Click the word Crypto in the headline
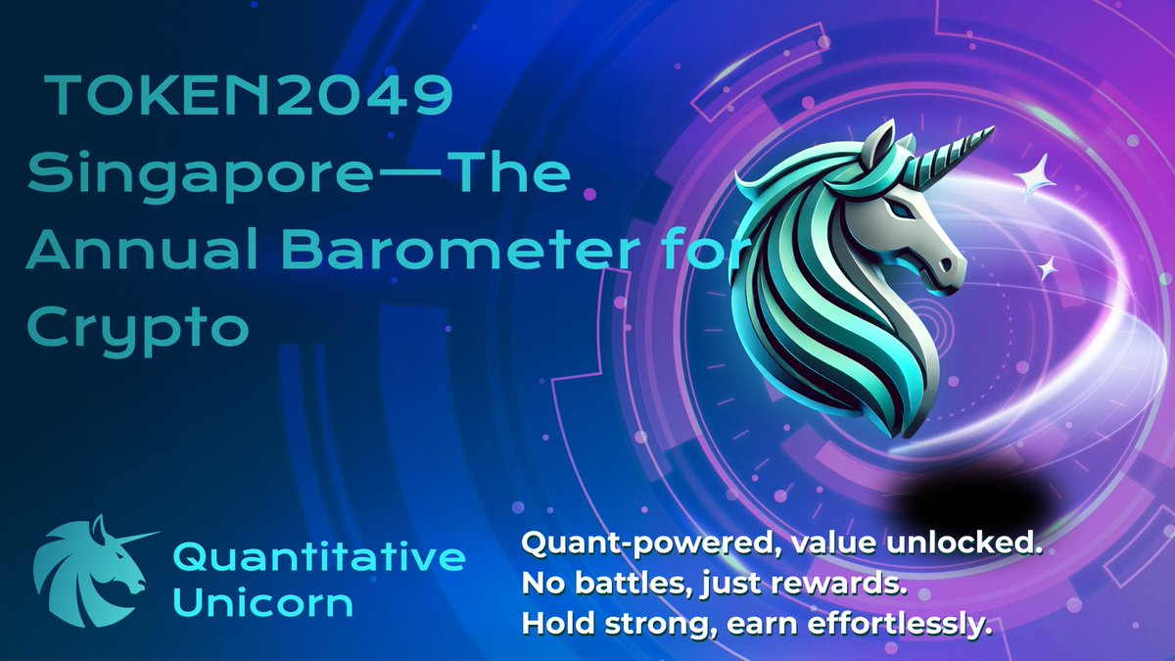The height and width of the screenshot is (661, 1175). [x=137, y=328]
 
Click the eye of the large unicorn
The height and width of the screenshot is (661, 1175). [x=897, y=209]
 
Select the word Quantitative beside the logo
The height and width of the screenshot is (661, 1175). [x=319, y=558]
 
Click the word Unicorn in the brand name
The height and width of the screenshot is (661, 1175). [x=262, y=602]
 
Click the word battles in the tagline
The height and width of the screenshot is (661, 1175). [x=632, y=584]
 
